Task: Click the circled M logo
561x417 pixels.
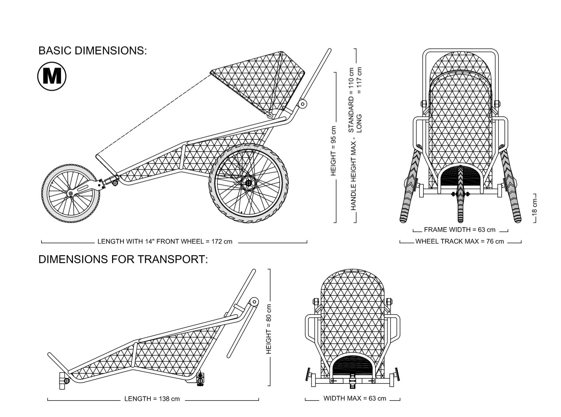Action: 52,76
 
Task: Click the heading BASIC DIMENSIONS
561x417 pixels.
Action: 93,51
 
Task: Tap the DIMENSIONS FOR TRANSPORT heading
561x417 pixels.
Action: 123,259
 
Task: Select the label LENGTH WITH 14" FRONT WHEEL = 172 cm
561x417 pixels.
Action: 165,242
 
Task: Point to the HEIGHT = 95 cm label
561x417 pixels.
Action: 333,151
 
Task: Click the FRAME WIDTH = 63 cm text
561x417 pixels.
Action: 459,230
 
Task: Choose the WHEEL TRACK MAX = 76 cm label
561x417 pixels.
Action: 459,242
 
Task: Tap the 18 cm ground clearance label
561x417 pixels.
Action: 534,207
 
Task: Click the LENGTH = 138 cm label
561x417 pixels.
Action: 152,399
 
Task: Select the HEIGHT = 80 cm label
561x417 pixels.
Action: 268,329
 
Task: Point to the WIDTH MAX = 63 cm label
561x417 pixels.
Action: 355,398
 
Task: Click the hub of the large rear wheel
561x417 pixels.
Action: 248,183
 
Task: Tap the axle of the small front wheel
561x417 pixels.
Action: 71,194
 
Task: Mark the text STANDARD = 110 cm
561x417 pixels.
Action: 351,100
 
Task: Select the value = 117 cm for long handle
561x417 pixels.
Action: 359,80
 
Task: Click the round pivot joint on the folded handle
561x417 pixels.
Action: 254,302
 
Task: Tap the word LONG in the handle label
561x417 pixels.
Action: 359,124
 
